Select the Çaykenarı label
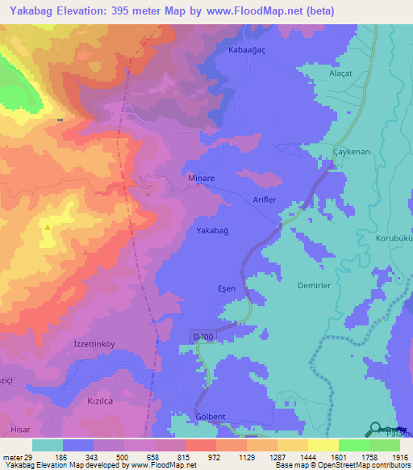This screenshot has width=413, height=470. click(x=352, y=153)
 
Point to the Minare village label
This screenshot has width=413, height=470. click(x=200, y=183)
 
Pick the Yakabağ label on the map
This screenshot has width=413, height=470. click(x=213, y=231)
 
